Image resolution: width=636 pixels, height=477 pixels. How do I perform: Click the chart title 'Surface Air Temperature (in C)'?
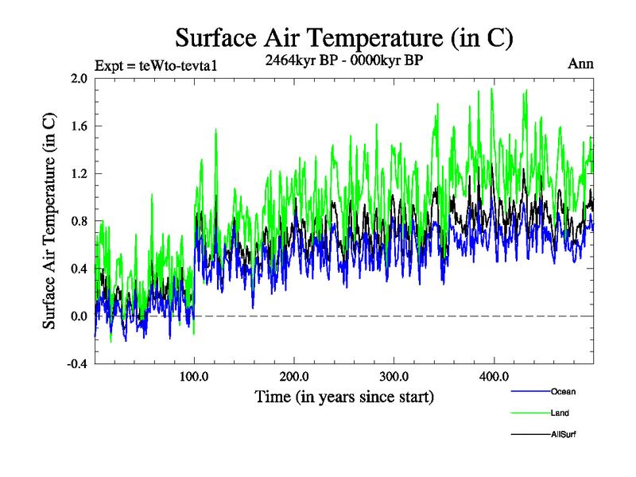(x=344, y=37)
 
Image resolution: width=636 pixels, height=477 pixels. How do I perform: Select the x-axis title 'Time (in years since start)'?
(x=344, y=396)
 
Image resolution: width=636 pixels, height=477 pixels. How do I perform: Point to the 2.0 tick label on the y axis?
(x=78, y=79)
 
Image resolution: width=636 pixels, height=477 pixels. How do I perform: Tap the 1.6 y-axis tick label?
(x=78, y=126)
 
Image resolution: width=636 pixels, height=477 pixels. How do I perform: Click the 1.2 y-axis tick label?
(x=78, y=173)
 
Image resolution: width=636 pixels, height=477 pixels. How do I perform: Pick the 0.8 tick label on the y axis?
(x=78, y=221)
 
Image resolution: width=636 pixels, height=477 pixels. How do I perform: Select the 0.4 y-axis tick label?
(x=78, y=269)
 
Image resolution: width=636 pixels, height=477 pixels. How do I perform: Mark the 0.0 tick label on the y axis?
(x=78, y=316)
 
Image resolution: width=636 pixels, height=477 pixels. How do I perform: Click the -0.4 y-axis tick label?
(x=76, y=364)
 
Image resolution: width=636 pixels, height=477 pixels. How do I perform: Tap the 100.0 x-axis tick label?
(x=195, y=376)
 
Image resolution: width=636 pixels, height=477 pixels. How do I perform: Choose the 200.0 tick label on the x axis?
(x=295, y=376)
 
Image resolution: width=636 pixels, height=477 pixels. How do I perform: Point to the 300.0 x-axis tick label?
(x=394, y=376)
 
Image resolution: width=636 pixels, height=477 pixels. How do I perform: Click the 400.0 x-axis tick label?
(x=494, y=376)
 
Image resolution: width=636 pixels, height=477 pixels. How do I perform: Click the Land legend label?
(x=560, y=413)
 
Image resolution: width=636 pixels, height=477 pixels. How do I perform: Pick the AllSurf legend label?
(x=562, y=435)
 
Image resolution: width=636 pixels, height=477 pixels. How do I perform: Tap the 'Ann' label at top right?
(x=580, y=64)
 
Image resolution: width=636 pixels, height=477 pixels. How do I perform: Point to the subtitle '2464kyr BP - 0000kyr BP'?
(x=344, y=59)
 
